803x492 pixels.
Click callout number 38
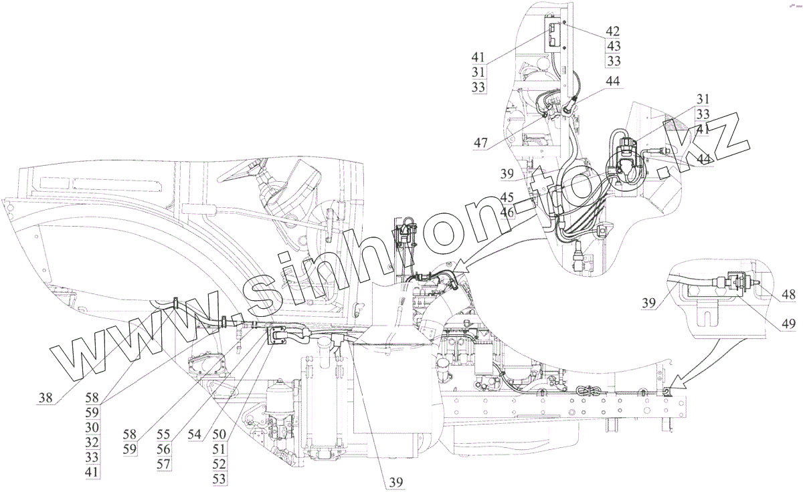(46, 397)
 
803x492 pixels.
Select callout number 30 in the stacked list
(92, 427)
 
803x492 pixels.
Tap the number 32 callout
(92, 443)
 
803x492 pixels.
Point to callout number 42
(613, 31)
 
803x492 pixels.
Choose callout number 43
(613, 46)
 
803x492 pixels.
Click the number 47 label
(480, 143)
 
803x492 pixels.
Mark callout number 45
(507, 197)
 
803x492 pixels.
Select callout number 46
(507, 213)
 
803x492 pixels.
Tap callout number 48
(788, 295)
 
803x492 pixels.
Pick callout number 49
(788, 324)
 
